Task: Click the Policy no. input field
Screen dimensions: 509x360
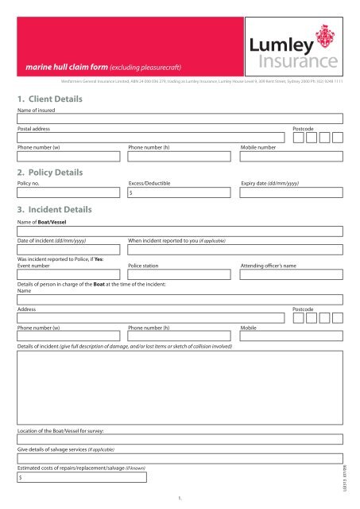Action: (x=68, y=192)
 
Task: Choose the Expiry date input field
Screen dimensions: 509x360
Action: (x=291, y=192)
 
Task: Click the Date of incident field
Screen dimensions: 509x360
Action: (x=68, y=250)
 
